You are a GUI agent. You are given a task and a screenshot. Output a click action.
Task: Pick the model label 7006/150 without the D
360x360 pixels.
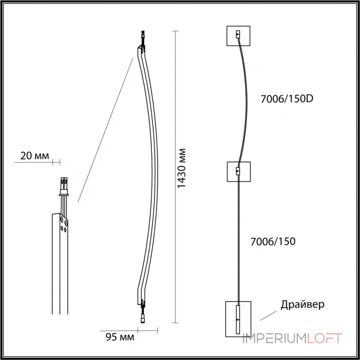click(272, 241)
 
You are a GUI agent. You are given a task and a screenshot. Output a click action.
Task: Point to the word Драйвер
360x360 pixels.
click(302, 305)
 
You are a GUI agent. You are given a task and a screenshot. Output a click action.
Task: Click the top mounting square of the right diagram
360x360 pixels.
click(238, 36)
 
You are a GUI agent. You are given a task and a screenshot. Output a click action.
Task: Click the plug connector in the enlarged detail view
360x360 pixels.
click(63, 184)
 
